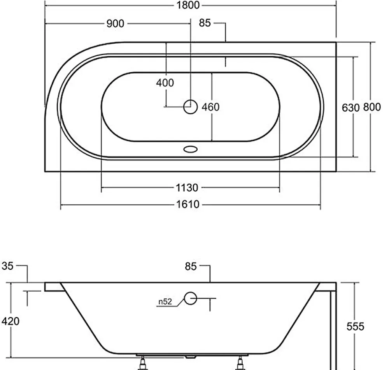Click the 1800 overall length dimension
(x=188, y=5)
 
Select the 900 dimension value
(x=115, y=24)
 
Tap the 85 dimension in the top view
(x=205, y=23)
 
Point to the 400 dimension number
(x=165, y=83)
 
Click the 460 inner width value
(x=210, y=107)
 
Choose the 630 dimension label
(x=350, y=108)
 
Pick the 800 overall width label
(x=372, y=107)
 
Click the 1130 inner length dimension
(x=187, y=188)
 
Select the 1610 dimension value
(x=188, y=204)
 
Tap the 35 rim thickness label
(x=7, y=266)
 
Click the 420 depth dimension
(x=10, y=321)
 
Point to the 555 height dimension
(x=355, y=326)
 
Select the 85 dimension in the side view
(x=191, y=266)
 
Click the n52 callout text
(x=165, y=302)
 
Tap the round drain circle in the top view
(x=191, y=107)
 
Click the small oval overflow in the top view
(x=191, y=149)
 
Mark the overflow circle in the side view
(x=191, y=298)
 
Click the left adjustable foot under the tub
(x=143, y=363)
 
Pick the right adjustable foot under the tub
(x=240, y=363)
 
